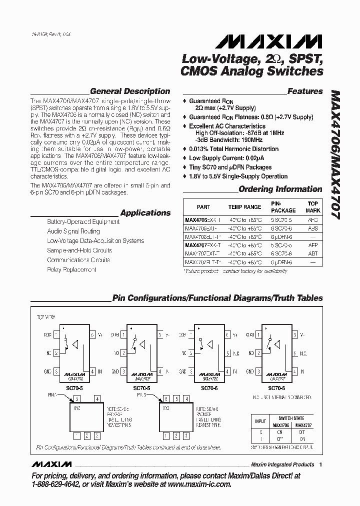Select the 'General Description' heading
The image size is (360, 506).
[130, 91]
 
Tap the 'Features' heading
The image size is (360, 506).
[305, 91]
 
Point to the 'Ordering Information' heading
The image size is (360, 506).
[280, 189]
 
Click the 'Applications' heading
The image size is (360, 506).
[145, 212]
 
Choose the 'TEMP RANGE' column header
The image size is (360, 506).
[245, 206]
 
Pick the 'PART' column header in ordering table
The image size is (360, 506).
[203, 206]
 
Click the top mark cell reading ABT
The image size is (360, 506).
[312, 253]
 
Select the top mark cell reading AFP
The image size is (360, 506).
[312, 245]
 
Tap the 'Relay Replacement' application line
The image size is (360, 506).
[71, 269]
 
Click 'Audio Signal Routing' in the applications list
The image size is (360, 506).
[73, 231]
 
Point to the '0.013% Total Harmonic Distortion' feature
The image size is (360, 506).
[233, 149]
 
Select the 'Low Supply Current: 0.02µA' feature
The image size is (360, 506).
[227, 158]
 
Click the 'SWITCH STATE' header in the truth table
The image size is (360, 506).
[291, 418]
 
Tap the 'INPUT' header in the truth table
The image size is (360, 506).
[260, 421]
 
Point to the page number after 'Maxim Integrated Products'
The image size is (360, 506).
[320, 464]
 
